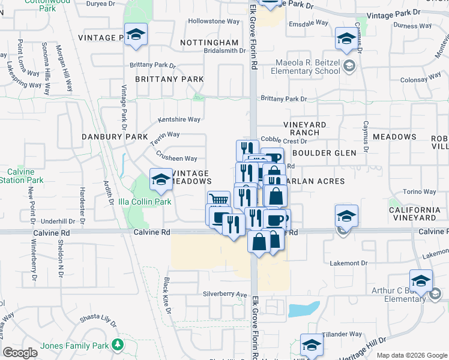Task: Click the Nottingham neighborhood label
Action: point(209,43)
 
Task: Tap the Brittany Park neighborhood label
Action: point(169,79)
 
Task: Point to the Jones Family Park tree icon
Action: point(118,345)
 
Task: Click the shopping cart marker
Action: point(218,200)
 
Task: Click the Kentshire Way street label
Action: point(179,119)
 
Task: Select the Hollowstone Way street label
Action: point(214,22)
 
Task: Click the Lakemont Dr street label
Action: point(349,263)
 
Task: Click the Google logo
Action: point(20,353)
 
